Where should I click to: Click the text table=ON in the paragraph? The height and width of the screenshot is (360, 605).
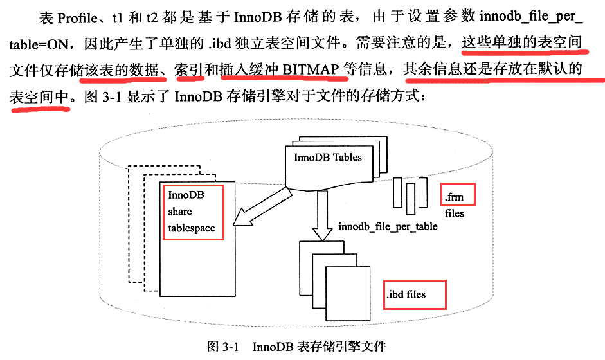click(38, 45)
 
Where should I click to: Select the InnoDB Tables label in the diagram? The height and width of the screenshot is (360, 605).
click(327, 157)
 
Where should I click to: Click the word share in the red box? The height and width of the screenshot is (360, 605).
click(179, 212)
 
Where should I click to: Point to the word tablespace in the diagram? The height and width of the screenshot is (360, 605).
click(191, 228)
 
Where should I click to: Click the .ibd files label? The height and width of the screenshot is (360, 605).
click(406, 295)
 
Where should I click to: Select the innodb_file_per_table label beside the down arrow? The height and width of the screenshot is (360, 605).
click(388, 226)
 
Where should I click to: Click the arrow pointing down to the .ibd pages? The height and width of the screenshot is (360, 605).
click(320, 215)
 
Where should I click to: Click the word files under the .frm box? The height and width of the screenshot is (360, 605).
click(454, 213)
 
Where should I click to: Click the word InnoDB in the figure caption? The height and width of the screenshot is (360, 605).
click(273, 348)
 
